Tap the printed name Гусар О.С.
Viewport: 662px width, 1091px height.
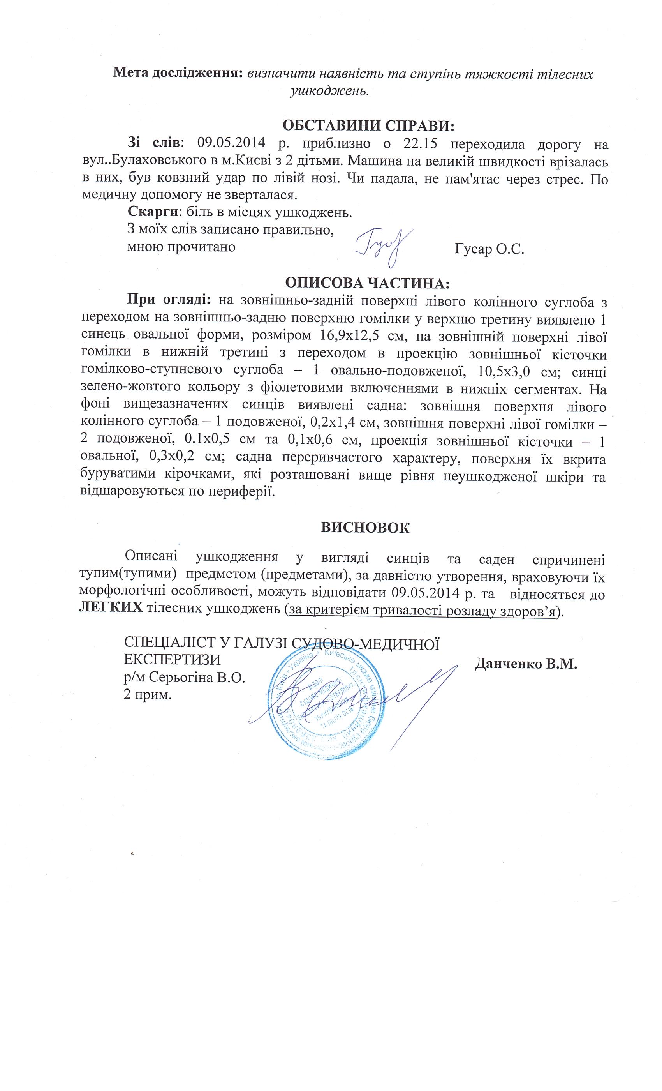click(x=489, y=249)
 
